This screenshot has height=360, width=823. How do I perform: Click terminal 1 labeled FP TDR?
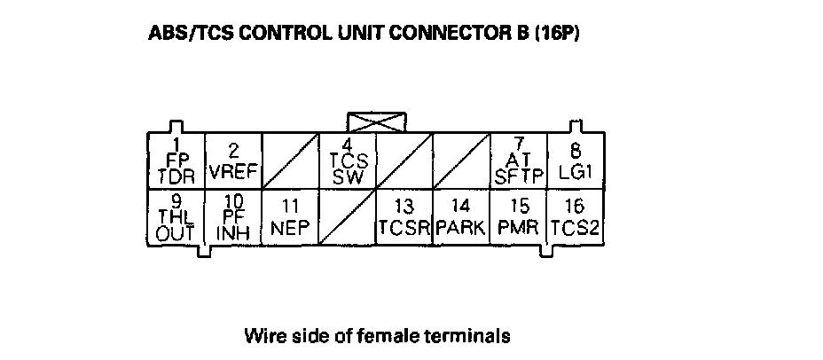(x=176, y=160)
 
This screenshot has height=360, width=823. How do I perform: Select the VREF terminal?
(x=233, y=160)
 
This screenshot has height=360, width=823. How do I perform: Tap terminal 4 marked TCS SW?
(x=348, y=160)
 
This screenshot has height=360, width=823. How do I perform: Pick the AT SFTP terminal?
(x=520, y=160)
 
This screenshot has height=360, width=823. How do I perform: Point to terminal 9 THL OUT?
(x=176, y=217)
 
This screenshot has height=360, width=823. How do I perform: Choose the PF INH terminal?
(x=233, y=217)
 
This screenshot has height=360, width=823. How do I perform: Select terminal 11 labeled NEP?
(x=290, y=217)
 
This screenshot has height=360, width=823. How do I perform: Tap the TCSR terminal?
(x=404, y=217)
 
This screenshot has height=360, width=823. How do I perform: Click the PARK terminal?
(x=462, y=217)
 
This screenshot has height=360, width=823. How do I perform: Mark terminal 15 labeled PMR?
(x=520, y=217)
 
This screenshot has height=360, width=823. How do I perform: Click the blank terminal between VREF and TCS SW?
(x=290, y=160)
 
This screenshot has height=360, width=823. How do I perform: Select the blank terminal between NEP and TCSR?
(x=348, y=217)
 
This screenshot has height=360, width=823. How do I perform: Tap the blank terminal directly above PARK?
(x=462, y=160)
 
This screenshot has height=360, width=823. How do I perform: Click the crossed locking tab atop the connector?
(x=377, y=122)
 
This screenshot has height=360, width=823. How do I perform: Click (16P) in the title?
(x=558, y=34)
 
